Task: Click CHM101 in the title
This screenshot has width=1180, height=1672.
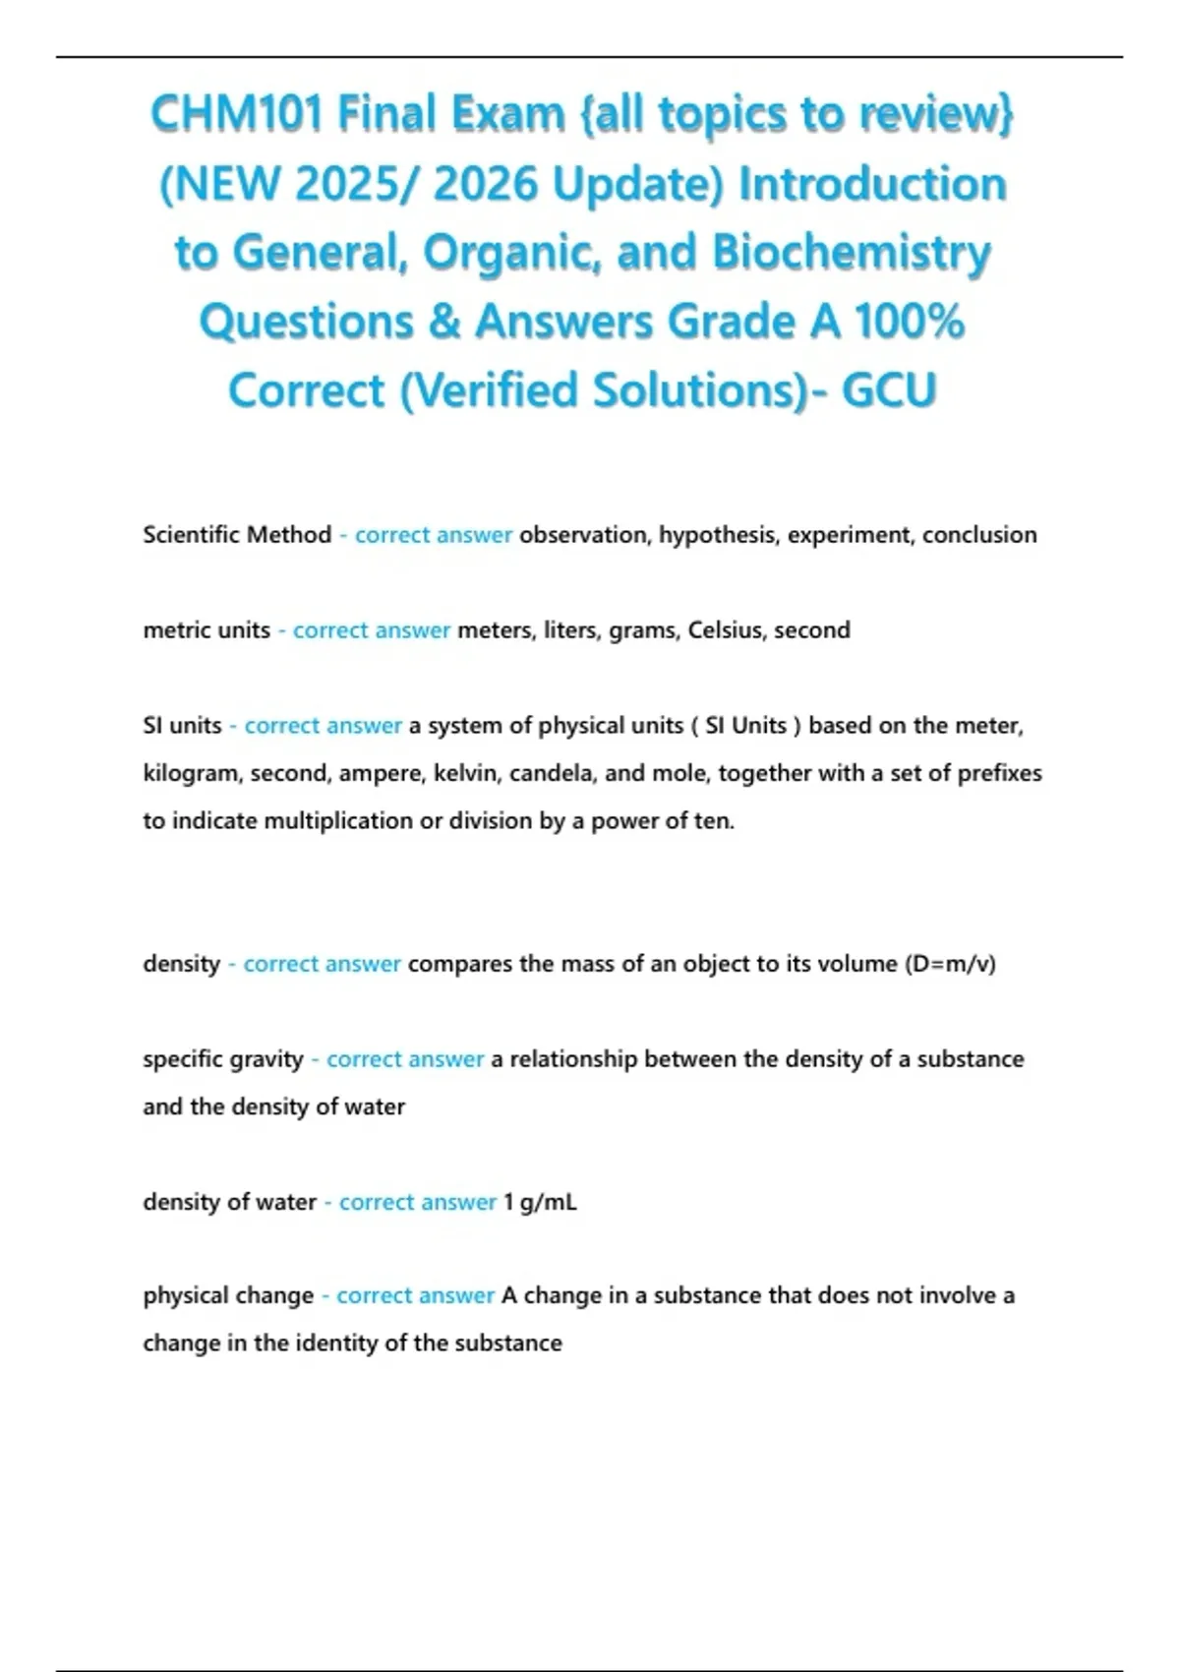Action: coord(235,114)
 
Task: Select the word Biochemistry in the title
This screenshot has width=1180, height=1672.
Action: coord(852,252)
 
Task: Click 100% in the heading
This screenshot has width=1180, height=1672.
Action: coord(909,322)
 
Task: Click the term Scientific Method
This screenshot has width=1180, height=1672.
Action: coord(237,535)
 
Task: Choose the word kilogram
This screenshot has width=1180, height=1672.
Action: coord(192,774)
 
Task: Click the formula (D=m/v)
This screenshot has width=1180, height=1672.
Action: coord(949,964)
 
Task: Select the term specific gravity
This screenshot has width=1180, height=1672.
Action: coord(223,1059)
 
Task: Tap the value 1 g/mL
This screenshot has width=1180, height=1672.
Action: coord(540,1202)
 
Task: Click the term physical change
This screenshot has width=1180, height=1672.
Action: coord(228,1296)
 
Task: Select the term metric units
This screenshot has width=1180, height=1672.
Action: coord(206,630)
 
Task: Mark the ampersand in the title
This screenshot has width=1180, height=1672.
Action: coord(444,322)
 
